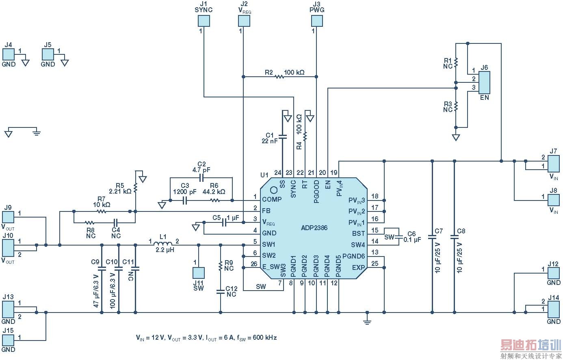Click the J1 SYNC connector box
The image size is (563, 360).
tap(204, 21)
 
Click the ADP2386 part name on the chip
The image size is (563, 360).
tap(314, 228)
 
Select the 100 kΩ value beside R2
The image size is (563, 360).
tap(294, 73)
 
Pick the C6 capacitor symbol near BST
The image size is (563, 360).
tap(399, 237)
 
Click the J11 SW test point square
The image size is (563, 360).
tap(198, 273)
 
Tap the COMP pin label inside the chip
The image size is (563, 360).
tap(272, 199)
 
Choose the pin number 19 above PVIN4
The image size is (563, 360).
tap(334, 172)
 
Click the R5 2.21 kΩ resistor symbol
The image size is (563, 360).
tap(135, 188)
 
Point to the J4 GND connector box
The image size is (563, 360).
tap(8, 54)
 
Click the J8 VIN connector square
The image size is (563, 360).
tap(554, 200)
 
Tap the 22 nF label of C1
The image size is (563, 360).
tap(270, 141)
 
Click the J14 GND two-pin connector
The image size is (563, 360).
tap(553, 306)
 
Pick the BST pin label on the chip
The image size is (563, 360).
tap(359, 234)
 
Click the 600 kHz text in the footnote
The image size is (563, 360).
tap(265, 338)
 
